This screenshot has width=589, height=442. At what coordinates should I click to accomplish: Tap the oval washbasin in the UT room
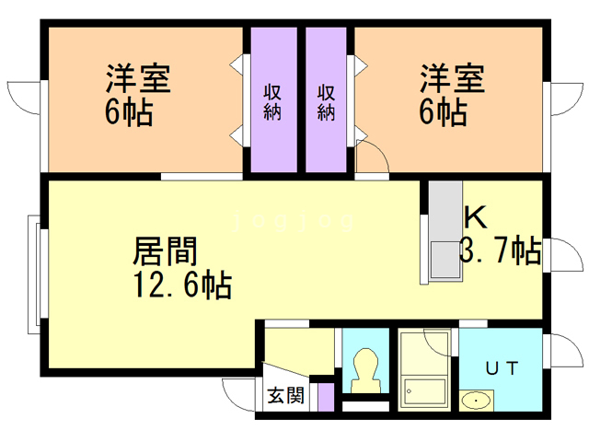click(477, 401)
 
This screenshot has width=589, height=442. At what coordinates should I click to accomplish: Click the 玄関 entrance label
click(285, 396)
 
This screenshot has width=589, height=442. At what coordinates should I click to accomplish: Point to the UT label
click(501, 368)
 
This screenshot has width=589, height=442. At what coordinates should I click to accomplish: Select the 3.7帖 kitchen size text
click(499, 250)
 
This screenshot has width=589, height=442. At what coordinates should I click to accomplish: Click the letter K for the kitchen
click(475, 216)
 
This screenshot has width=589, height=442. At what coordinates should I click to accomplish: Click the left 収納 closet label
click(272, 102)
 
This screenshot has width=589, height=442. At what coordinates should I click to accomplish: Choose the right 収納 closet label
click(326, 102)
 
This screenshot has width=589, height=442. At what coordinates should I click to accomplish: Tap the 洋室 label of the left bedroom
click(137, 78)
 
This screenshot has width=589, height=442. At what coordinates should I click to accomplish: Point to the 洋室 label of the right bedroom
click(452, 78)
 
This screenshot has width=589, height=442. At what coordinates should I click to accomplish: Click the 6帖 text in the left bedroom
click(128, 114)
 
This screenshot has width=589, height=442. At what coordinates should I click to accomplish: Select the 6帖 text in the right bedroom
click(443, 114)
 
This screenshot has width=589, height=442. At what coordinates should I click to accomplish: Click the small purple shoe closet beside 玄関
click(325, 398)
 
